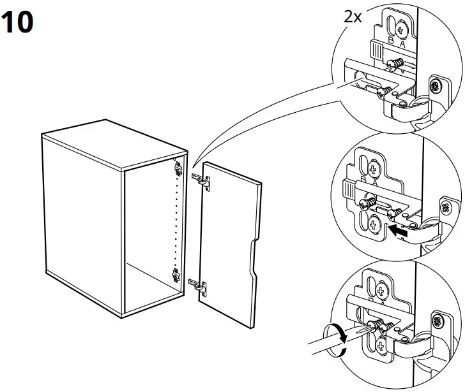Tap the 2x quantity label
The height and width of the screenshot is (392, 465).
353,17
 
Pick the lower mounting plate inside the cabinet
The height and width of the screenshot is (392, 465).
176,277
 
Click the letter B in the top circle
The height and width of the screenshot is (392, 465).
393,43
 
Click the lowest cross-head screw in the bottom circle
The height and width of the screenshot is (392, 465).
381,347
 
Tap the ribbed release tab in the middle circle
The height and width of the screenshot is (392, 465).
349,190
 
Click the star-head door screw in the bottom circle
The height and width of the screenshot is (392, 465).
438,321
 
